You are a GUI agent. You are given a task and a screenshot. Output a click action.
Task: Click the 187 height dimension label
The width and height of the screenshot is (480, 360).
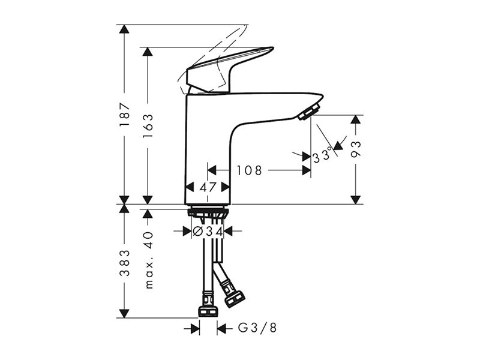[125, 115]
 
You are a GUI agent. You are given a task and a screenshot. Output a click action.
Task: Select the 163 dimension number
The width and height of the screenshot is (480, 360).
[148, 126]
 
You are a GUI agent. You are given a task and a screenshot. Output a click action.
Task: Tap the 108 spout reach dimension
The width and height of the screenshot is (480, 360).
[249, 170]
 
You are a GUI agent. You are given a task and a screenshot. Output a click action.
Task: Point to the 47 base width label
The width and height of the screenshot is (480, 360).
[208, 187]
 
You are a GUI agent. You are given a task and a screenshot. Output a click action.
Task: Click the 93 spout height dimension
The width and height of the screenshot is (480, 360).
[356, 149]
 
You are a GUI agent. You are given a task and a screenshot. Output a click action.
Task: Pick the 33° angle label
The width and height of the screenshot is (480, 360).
[323, 155]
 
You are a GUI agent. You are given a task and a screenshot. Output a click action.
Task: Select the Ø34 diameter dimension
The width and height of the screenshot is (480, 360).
[208, 231]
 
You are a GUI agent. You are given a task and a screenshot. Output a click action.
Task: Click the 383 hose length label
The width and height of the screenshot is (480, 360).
[125, 263]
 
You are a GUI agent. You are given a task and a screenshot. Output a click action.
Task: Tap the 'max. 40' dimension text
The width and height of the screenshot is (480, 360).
[148, 260]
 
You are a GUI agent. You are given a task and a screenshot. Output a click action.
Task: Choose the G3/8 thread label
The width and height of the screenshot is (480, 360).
[257, 328]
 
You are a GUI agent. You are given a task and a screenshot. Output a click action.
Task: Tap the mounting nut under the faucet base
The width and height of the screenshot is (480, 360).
[208, 212]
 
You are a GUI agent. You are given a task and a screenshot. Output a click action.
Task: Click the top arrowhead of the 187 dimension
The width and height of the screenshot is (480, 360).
[124, 29]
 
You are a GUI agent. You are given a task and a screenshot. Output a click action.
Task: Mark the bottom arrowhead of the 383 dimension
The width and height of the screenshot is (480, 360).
[124, 313]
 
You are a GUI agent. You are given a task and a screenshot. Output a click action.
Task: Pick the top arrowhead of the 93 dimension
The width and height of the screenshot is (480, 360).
[355, 119]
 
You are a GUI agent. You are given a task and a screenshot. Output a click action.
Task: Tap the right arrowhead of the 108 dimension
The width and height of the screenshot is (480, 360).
[307, 170]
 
